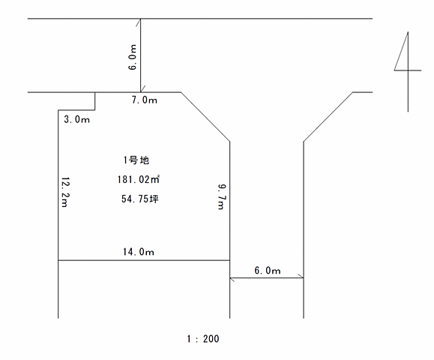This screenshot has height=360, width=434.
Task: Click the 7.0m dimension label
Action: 144,100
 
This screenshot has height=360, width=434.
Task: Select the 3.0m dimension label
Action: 76,119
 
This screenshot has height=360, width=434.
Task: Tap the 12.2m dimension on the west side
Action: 65,192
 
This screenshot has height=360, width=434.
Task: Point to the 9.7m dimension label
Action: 222,196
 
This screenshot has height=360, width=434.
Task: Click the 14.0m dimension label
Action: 139,252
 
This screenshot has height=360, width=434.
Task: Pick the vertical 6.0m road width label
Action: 133,57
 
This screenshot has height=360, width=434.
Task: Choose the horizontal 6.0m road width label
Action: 268,270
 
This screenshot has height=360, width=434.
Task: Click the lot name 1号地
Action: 136,160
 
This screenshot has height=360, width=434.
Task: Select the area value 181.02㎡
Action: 139,179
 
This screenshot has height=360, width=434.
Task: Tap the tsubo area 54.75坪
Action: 139,199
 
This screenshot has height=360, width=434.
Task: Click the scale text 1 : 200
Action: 203,339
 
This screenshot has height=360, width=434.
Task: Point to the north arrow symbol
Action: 408,71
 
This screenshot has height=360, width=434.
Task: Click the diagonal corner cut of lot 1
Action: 205,116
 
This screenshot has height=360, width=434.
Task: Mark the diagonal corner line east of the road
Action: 328,116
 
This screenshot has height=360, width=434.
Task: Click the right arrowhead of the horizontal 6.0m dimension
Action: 301,276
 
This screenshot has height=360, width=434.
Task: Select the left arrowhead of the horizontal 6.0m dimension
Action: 232,279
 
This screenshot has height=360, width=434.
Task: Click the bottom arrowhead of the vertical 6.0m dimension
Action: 142,89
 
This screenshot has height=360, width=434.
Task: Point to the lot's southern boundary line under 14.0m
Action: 144,260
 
